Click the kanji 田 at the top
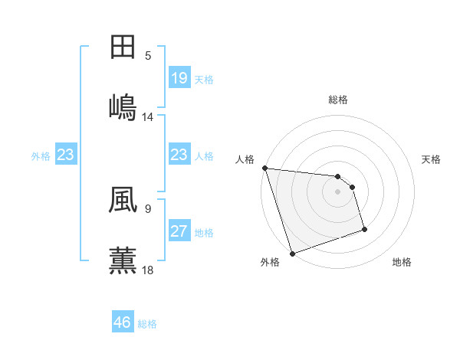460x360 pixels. (x=123, y=47)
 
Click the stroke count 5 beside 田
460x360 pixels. (x=148, y=56)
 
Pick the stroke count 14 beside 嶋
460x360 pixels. (x=148, y=116)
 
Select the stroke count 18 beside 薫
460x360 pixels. (x=148, y=269)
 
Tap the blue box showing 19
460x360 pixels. (x=179, y=78)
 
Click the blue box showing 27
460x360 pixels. (x=179, y=231)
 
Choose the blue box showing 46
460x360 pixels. (x=122, y=322)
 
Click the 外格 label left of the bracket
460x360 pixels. (x=41, y=155)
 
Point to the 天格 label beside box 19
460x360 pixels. (x=204, y=79)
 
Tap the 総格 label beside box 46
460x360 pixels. (x=147, y=323)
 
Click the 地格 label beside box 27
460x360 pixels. (x=204, y=232)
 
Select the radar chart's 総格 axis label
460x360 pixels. (x=338, y=100)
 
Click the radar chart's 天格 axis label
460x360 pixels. (x=432, y=159)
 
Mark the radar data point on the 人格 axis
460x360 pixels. (x=264, y=168)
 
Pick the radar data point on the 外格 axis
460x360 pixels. (x=292, y=253)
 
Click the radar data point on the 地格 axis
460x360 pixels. (x=364, y=229)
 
